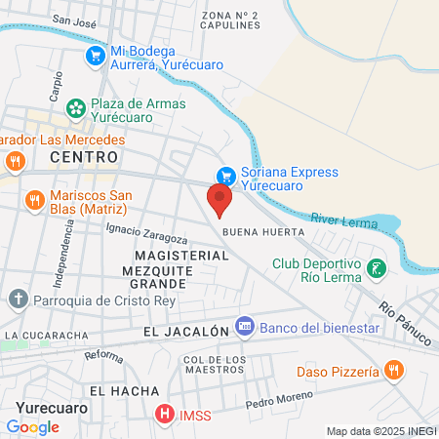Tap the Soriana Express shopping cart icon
[226, 177]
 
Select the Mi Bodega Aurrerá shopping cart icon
[95, 57]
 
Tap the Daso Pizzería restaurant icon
[394, 371]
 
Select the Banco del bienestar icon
[246, 328]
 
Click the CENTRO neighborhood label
[84, 157]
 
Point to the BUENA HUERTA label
[263, 233]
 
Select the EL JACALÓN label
[185, 332]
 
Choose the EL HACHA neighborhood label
[123, 391]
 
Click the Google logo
[32, 426]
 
